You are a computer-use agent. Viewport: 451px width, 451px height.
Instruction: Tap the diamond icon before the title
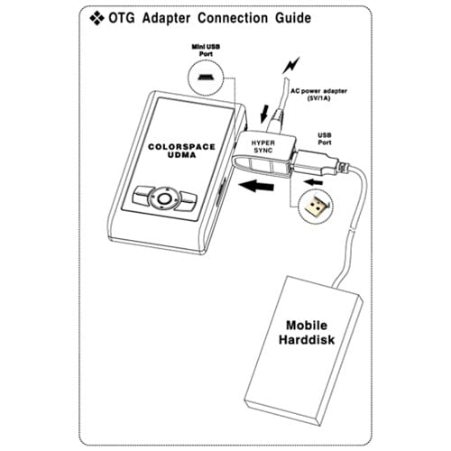pos(97,18)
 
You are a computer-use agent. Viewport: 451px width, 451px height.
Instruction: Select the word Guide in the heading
pos(293,18)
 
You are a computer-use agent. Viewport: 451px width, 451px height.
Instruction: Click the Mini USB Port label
pos(206,51)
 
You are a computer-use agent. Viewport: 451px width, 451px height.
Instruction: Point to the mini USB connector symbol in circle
pos(206,77)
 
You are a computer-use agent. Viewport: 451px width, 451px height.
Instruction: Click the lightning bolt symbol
pos(291,65)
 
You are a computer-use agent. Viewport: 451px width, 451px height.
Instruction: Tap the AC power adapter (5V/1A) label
pos(318,95)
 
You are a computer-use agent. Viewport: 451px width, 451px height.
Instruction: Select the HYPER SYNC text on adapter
pos(263,146)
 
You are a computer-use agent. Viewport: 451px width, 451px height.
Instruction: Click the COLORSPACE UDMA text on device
pos(181,151)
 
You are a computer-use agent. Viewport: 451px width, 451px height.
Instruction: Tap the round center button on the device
pos(164,198)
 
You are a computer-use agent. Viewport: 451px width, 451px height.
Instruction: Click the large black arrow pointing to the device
pos(256,186)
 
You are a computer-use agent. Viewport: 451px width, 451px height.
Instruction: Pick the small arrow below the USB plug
pos(314,182)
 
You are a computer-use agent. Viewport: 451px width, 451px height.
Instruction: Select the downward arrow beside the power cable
pos(264,114)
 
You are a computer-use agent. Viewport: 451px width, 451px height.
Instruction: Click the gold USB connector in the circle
pos(316,207)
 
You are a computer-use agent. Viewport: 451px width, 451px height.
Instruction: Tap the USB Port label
pos(325,139)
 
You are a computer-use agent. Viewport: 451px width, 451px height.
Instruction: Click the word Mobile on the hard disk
pos(307,326)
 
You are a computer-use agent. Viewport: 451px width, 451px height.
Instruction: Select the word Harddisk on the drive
pos(307,339)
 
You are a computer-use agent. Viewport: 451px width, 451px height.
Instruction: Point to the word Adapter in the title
pos(166,19)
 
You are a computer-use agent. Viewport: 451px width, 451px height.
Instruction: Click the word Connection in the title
pos(233,18)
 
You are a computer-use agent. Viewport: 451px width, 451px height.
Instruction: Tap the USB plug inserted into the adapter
pos(317,162)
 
